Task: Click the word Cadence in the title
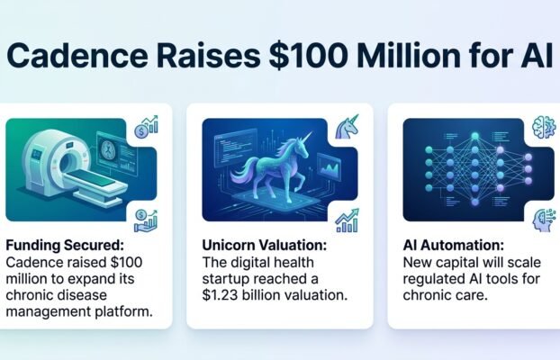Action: point(77,56)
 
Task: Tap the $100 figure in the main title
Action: point(307,56)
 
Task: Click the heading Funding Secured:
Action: point(65,246)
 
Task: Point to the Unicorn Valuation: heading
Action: point(265,246)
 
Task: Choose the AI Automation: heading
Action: point(454,246)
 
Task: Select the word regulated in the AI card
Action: point(432,279)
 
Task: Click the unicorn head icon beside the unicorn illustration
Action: point(347,127)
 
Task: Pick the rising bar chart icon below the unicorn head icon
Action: point(348,220)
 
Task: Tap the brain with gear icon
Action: point(544,127)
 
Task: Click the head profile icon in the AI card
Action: point(545,220)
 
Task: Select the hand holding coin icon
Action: point(145,220)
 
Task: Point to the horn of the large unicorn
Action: point(307,137)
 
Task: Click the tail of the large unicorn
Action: point(242,171)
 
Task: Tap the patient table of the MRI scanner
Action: point(97,183)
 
